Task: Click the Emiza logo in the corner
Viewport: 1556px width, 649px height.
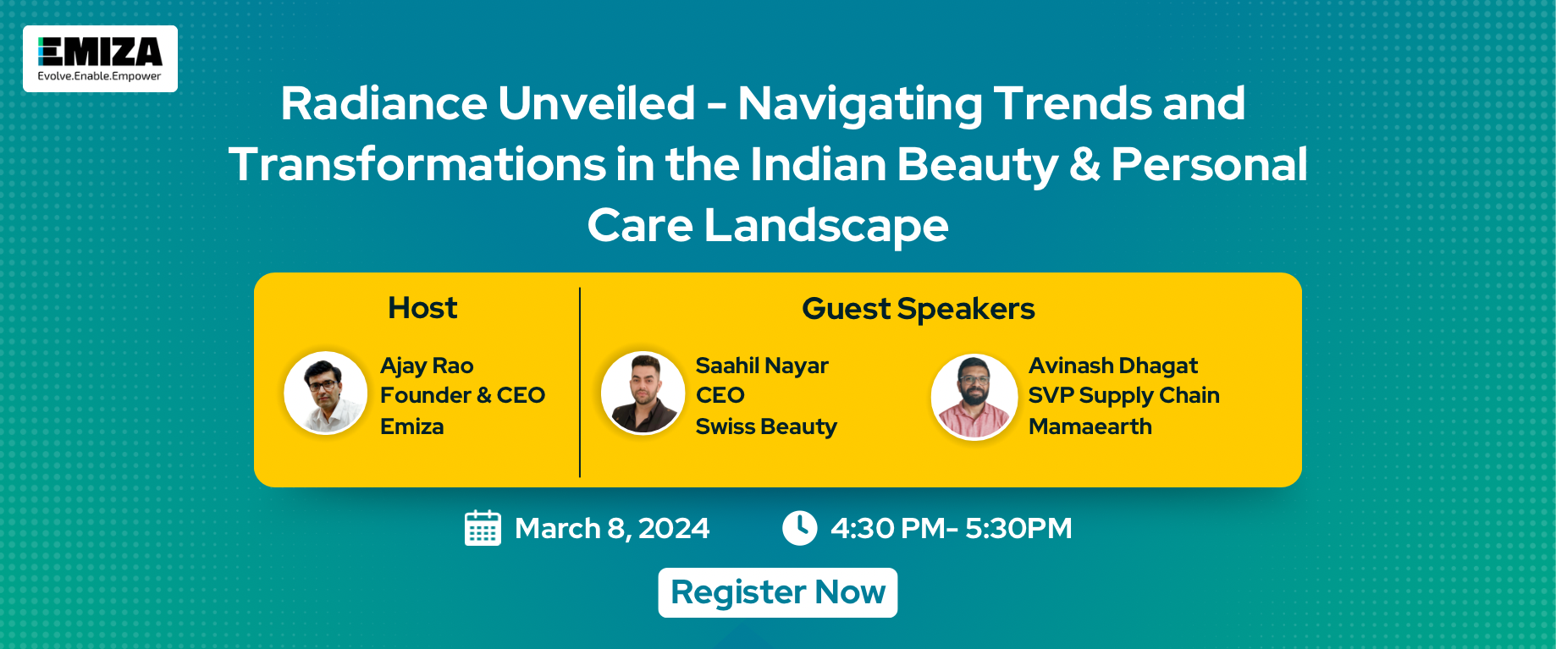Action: tap(100, 58)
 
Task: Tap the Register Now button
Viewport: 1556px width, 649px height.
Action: tap(778, 592)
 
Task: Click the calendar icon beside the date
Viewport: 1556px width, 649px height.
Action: tap(483, 528)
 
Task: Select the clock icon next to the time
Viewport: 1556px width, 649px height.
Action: tap(799, 528)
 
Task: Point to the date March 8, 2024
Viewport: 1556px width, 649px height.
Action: tap(612, 529)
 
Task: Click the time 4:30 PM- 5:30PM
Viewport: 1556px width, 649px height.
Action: tap(952, 528)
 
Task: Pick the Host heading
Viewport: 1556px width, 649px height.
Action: tap(422, 308)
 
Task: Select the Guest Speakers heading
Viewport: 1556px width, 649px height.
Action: tap(919, 310)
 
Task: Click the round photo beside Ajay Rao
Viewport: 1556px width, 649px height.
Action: tap(325, 393)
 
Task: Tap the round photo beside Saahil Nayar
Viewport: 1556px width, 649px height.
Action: tap(643, 393)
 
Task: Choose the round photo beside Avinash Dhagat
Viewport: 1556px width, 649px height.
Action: tap(974, 396)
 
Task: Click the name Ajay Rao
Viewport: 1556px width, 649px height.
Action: tap(427, 366)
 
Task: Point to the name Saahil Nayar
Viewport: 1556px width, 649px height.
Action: tap(762, 366)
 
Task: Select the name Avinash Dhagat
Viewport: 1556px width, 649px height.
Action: tap(1113, 366)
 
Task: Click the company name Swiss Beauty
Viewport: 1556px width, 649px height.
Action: tap(766, 426)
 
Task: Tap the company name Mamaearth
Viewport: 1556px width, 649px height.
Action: tap(1090, 426)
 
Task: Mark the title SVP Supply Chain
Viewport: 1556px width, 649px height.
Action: tap(1124, 396)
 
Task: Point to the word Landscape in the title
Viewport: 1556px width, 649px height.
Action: tap(826, 226)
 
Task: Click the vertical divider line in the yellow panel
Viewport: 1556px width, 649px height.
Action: tap(580, 382)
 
